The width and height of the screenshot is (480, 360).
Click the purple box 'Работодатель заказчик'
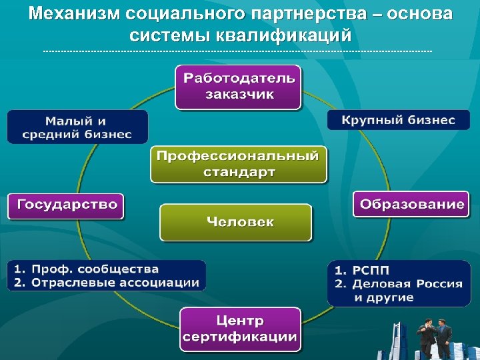tap(239, 86)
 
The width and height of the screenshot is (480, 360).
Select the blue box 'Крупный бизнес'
tap(398, 120)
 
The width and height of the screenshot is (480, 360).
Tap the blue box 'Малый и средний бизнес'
tap(77, 127)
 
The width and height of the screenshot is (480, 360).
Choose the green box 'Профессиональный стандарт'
tap(239, 164)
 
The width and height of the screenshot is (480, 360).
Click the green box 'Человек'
tap(236, 222)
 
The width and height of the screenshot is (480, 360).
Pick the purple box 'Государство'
tap(66, 205)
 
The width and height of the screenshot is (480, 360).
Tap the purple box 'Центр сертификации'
tap(240, 329)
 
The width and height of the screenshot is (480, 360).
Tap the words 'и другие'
tap(384, 298)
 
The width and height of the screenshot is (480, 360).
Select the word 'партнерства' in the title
tap(317, 14)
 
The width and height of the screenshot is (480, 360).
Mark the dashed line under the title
tap(237, 51)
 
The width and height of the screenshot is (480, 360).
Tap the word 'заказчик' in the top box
tap(239, 94)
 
